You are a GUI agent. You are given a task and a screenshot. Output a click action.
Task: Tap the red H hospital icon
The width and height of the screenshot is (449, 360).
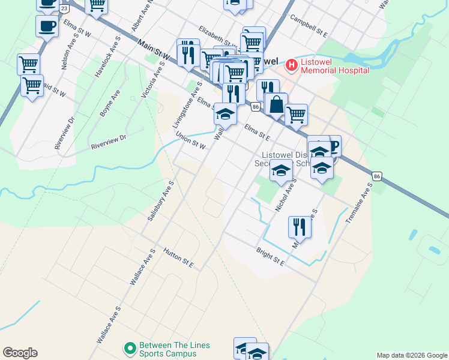coord(292,64)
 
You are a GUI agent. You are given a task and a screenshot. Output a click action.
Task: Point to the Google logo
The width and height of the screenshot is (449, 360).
coord(20,353)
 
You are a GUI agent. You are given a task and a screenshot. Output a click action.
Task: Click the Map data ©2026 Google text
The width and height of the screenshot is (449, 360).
coord(412,355)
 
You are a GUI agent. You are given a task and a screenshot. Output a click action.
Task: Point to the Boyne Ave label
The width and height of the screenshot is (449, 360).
coord(110,103)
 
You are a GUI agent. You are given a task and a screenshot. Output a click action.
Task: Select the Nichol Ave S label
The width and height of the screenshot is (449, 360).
coord(286,198)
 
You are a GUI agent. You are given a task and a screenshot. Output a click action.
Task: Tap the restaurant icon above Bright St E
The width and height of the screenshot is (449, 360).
coord(298,227)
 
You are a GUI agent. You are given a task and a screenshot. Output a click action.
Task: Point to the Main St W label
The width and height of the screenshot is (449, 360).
coord(154,51)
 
